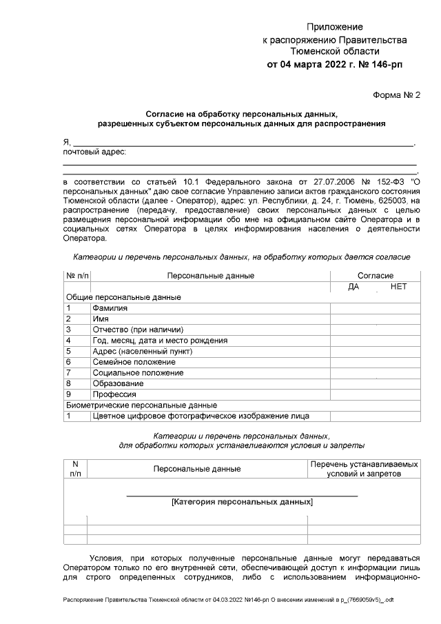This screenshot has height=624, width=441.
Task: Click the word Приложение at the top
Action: [335, 26]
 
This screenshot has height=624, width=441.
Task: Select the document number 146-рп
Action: [387, 64]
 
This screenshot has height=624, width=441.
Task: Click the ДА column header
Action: [354, 287]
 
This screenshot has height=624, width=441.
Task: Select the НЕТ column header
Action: [398, 287]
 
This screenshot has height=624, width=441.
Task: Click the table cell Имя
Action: [100, 319]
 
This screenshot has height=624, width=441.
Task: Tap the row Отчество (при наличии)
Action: [138, 330]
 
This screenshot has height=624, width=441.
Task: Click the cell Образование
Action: [118, 383]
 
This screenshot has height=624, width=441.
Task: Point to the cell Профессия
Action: [114, 394]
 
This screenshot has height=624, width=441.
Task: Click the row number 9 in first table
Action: [68, 394]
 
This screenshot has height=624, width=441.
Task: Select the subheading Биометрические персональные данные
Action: [141, 405]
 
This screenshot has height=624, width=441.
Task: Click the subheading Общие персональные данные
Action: [123, 297]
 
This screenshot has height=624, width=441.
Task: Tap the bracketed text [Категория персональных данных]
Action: [242, 503]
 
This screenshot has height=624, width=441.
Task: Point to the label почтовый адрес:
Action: [94, 152]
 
